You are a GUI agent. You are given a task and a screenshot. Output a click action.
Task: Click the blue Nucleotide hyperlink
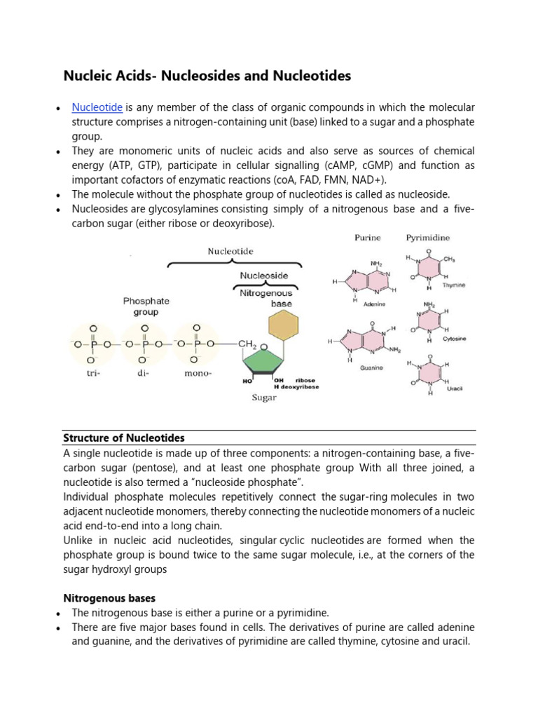97,107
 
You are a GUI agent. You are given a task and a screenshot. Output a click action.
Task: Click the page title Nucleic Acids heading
207,75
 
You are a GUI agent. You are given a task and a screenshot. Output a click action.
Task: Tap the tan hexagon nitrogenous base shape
283,325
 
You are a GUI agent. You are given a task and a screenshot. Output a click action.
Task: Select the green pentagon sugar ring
266,363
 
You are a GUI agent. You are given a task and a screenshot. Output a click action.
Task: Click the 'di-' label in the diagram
145,373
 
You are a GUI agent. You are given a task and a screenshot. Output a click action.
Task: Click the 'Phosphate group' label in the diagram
146,306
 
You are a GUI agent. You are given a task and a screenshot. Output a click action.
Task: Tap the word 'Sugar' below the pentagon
264,398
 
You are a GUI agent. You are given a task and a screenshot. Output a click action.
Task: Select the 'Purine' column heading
368,238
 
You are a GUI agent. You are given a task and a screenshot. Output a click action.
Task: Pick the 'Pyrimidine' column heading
429,238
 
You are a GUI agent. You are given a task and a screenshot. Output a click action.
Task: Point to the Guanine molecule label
371,368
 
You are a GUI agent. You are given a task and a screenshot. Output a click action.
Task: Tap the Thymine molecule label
454,285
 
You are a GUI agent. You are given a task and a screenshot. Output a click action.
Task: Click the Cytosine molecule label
454,338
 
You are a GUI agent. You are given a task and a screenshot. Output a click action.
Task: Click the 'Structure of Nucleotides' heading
124,438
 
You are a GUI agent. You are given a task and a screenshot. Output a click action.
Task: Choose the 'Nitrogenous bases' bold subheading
110,598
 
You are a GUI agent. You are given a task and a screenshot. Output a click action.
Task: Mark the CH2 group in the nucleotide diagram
249,344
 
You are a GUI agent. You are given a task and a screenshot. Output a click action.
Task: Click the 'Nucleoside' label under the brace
265,276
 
